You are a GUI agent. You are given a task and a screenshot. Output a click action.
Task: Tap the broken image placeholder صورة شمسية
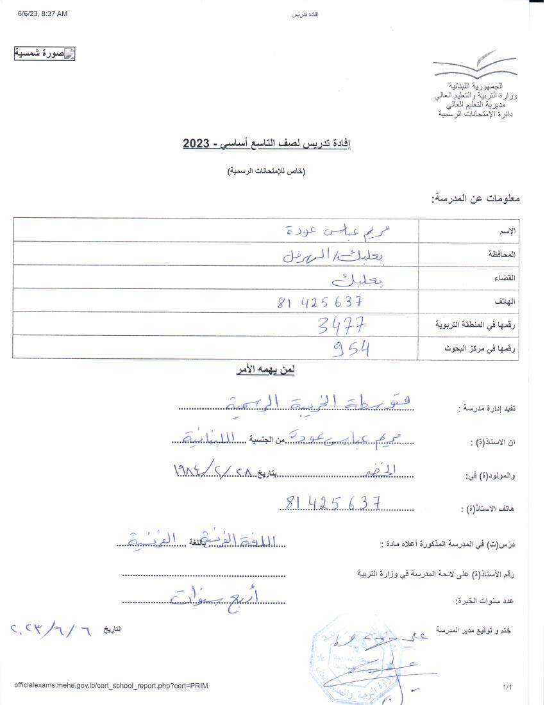coord(45,54)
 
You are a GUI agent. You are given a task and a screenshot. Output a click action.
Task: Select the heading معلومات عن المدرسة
coord(475,199)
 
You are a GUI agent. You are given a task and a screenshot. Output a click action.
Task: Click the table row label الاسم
coord(507,230)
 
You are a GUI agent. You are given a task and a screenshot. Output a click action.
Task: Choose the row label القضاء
coord(505,278)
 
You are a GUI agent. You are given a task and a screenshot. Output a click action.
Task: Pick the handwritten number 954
coord(351,349)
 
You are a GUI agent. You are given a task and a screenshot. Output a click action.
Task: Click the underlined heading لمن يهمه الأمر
coord(265,370)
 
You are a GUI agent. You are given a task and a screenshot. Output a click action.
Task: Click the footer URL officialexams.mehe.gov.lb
coord(111,686)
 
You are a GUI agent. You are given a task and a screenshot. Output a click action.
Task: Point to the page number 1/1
coord(507,687)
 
